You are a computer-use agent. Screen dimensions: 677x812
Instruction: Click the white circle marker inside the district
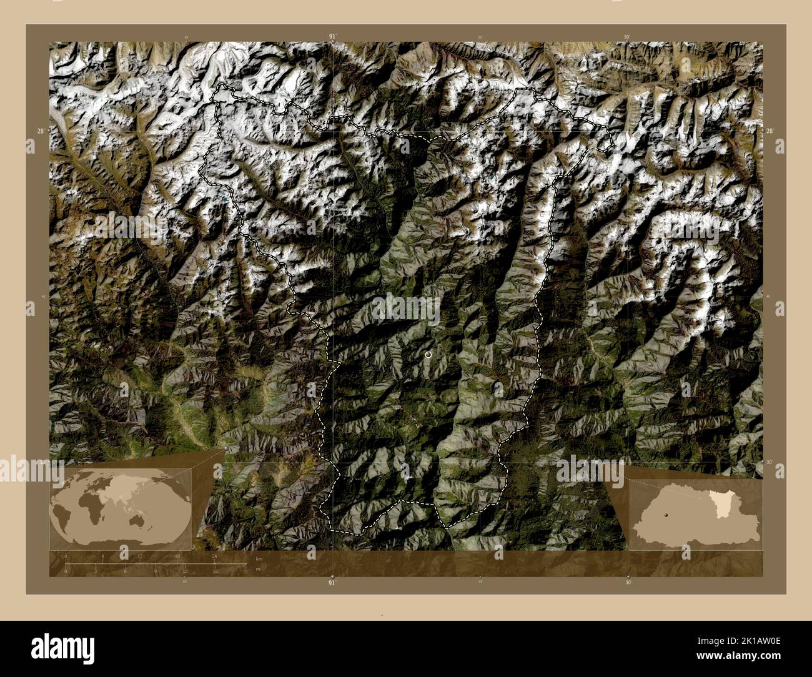[428, 354]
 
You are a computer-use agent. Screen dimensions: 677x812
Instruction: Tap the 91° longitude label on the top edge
[332, 36]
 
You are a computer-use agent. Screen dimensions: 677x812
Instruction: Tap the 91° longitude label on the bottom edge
[332, 583]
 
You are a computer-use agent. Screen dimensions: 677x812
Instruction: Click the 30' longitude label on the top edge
[627, 37]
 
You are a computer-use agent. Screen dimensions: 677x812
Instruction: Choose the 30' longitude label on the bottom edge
[627, 582]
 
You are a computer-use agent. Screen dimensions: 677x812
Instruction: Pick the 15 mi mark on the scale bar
[215, 571]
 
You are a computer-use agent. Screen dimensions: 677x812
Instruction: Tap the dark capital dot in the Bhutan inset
[666, 515]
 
